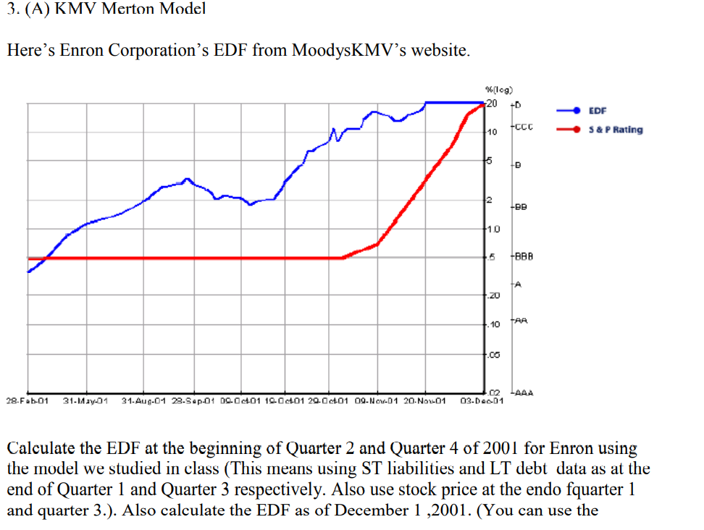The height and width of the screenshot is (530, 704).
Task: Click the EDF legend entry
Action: tap(598, 111)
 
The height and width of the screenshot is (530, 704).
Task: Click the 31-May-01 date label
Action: tap(85, 400)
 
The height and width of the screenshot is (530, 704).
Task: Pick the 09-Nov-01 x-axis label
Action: tap(375, 400)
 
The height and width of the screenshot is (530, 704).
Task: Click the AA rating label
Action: tap(522, 319)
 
